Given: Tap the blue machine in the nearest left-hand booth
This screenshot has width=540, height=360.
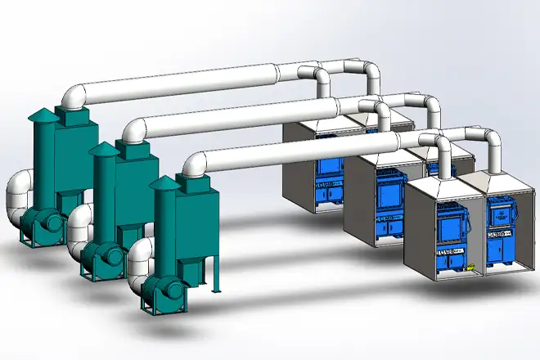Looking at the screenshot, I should [x=448, y=236].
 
